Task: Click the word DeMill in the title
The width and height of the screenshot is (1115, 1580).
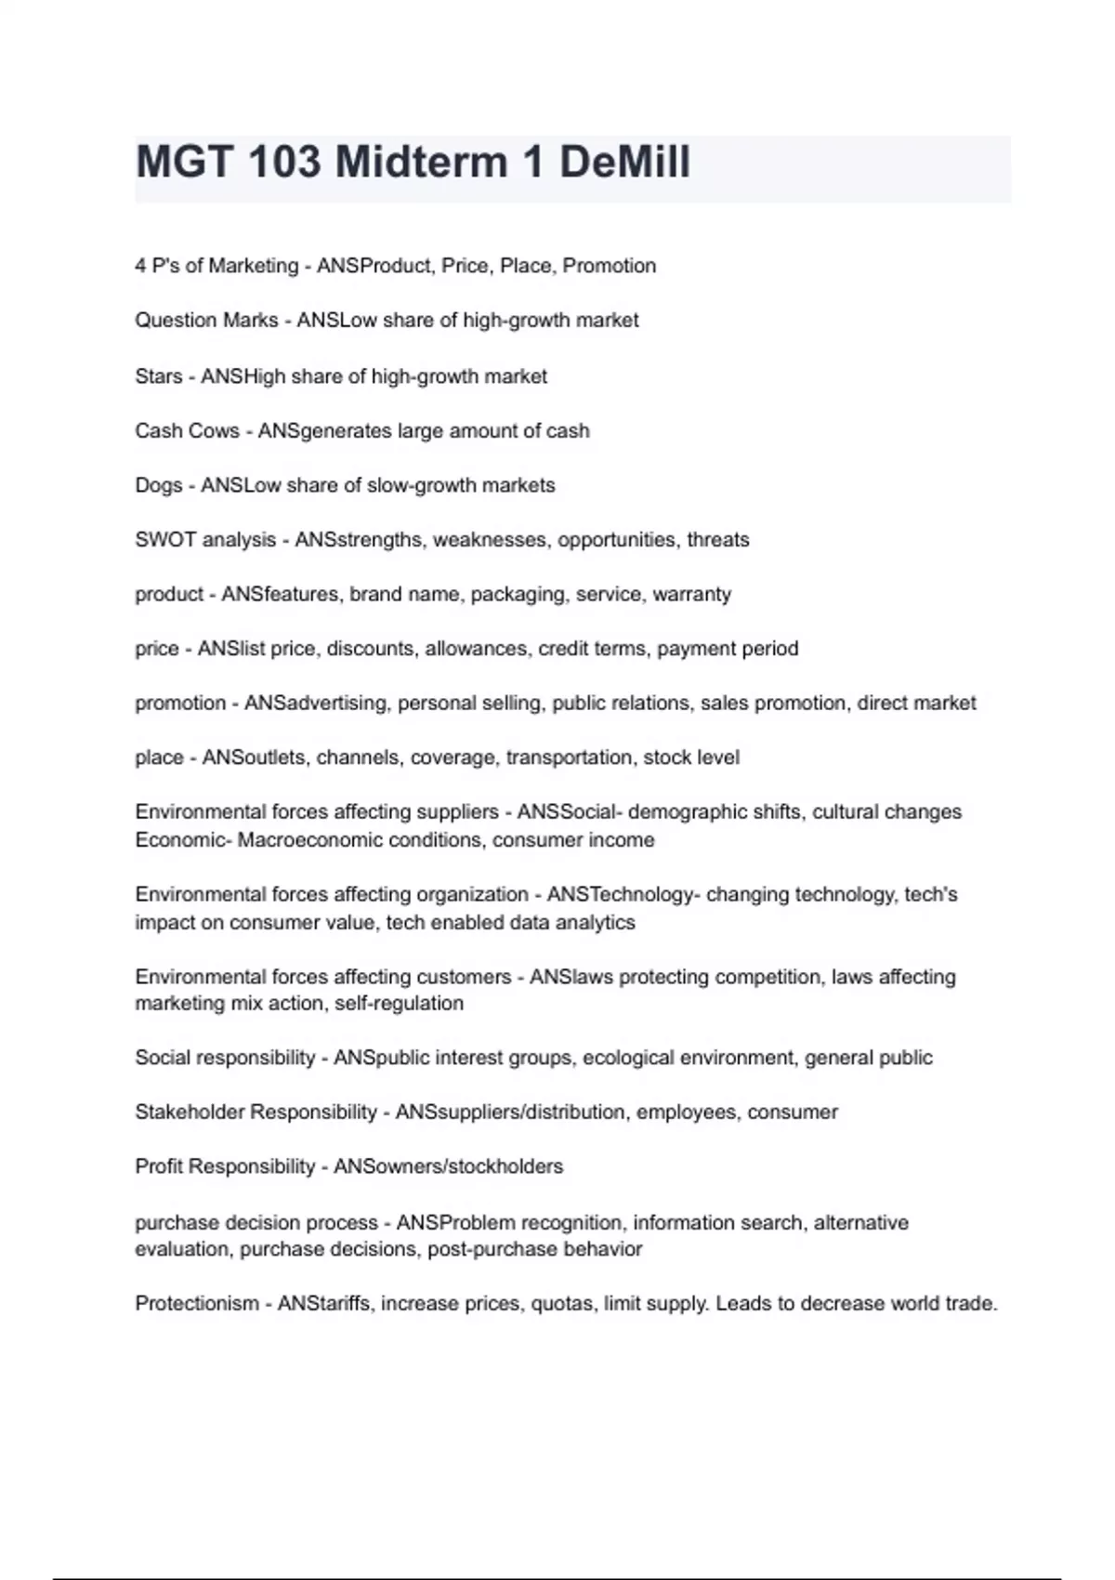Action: pyautogui.click(x=624, y=163)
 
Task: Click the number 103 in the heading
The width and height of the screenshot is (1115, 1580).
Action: pyautogui.click(x=284, y=163)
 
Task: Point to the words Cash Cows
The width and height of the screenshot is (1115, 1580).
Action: pyautogui.click(x=187, y=431)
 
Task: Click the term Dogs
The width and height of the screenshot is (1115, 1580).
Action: pyautogui.click(x=159, y=485)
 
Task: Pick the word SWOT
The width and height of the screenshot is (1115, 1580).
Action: pyautogui.click(x=164, y=540)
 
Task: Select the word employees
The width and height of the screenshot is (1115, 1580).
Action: pyautogui.click(x=686, y=1113)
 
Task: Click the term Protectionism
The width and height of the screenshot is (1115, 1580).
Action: pyautogui.click(x=197, y=1304)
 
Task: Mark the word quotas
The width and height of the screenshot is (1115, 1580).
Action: pyautogui.click(x=561, y=1304)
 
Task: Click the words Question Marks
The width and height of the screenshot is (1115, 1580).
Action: pyautogui.click(x=206, y=321)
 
